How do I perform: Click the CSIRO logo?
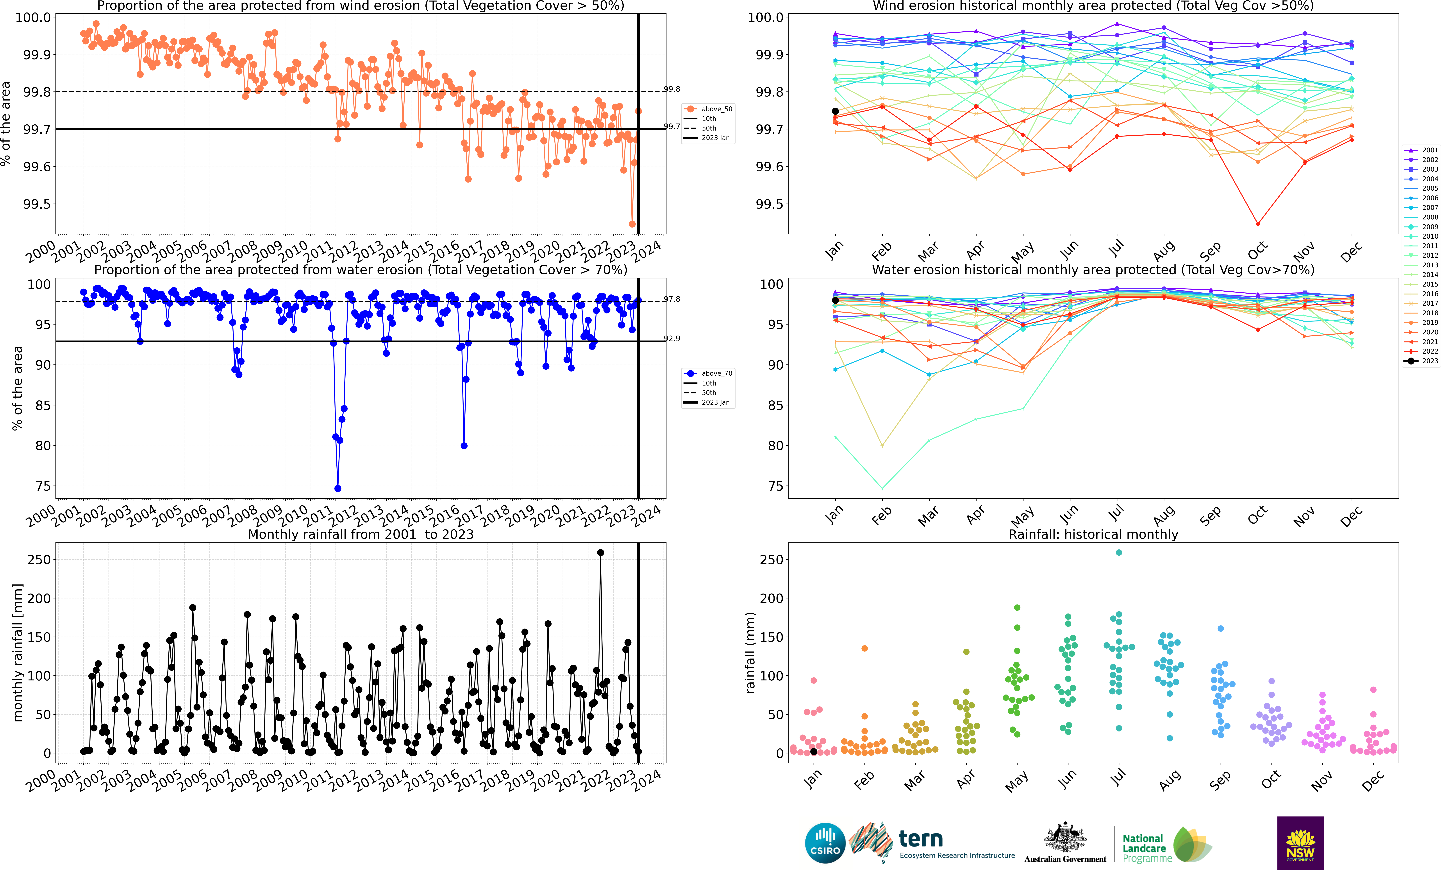825,843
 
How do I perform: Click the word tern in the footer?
921,839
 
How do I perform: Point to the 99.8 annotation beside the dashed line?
672,89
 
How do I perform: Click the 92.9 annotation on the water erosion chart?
672,338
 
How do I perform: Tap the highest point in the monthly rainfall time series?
600,552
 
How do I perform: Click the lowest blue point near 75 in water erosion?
337,489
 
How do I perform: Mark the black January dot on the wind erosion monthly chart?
835,111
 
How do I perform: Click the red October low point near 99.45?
1257,224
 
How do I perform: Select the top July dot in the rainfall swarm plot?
1119,552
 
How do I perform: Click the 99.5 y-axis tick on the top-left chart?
36,204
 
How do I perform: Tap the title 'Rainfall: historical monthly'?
1093,534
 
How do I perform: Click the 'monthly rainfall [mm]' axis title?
18,652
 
